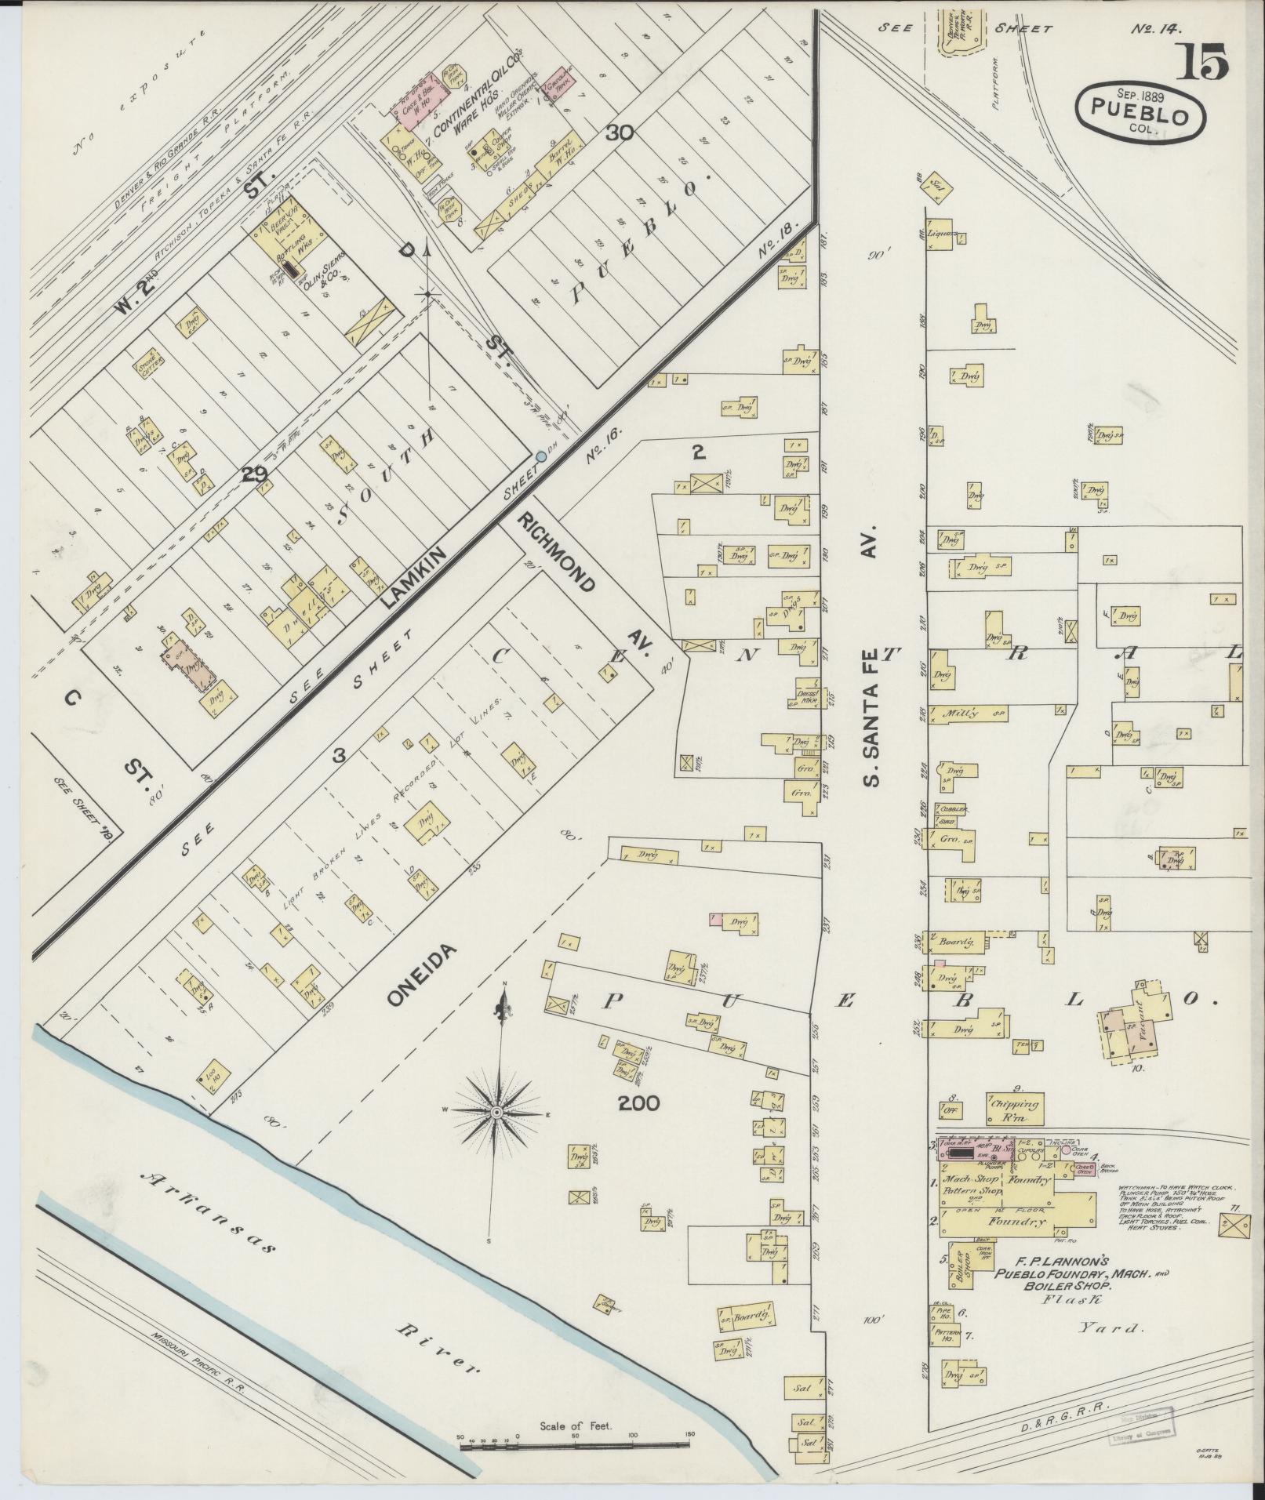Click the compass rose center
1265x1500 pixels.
[x=496, y=1113]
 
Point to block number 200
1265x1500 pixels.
[x=638, y=1103]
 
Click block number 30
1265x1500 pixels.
[x=620, y=133]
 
